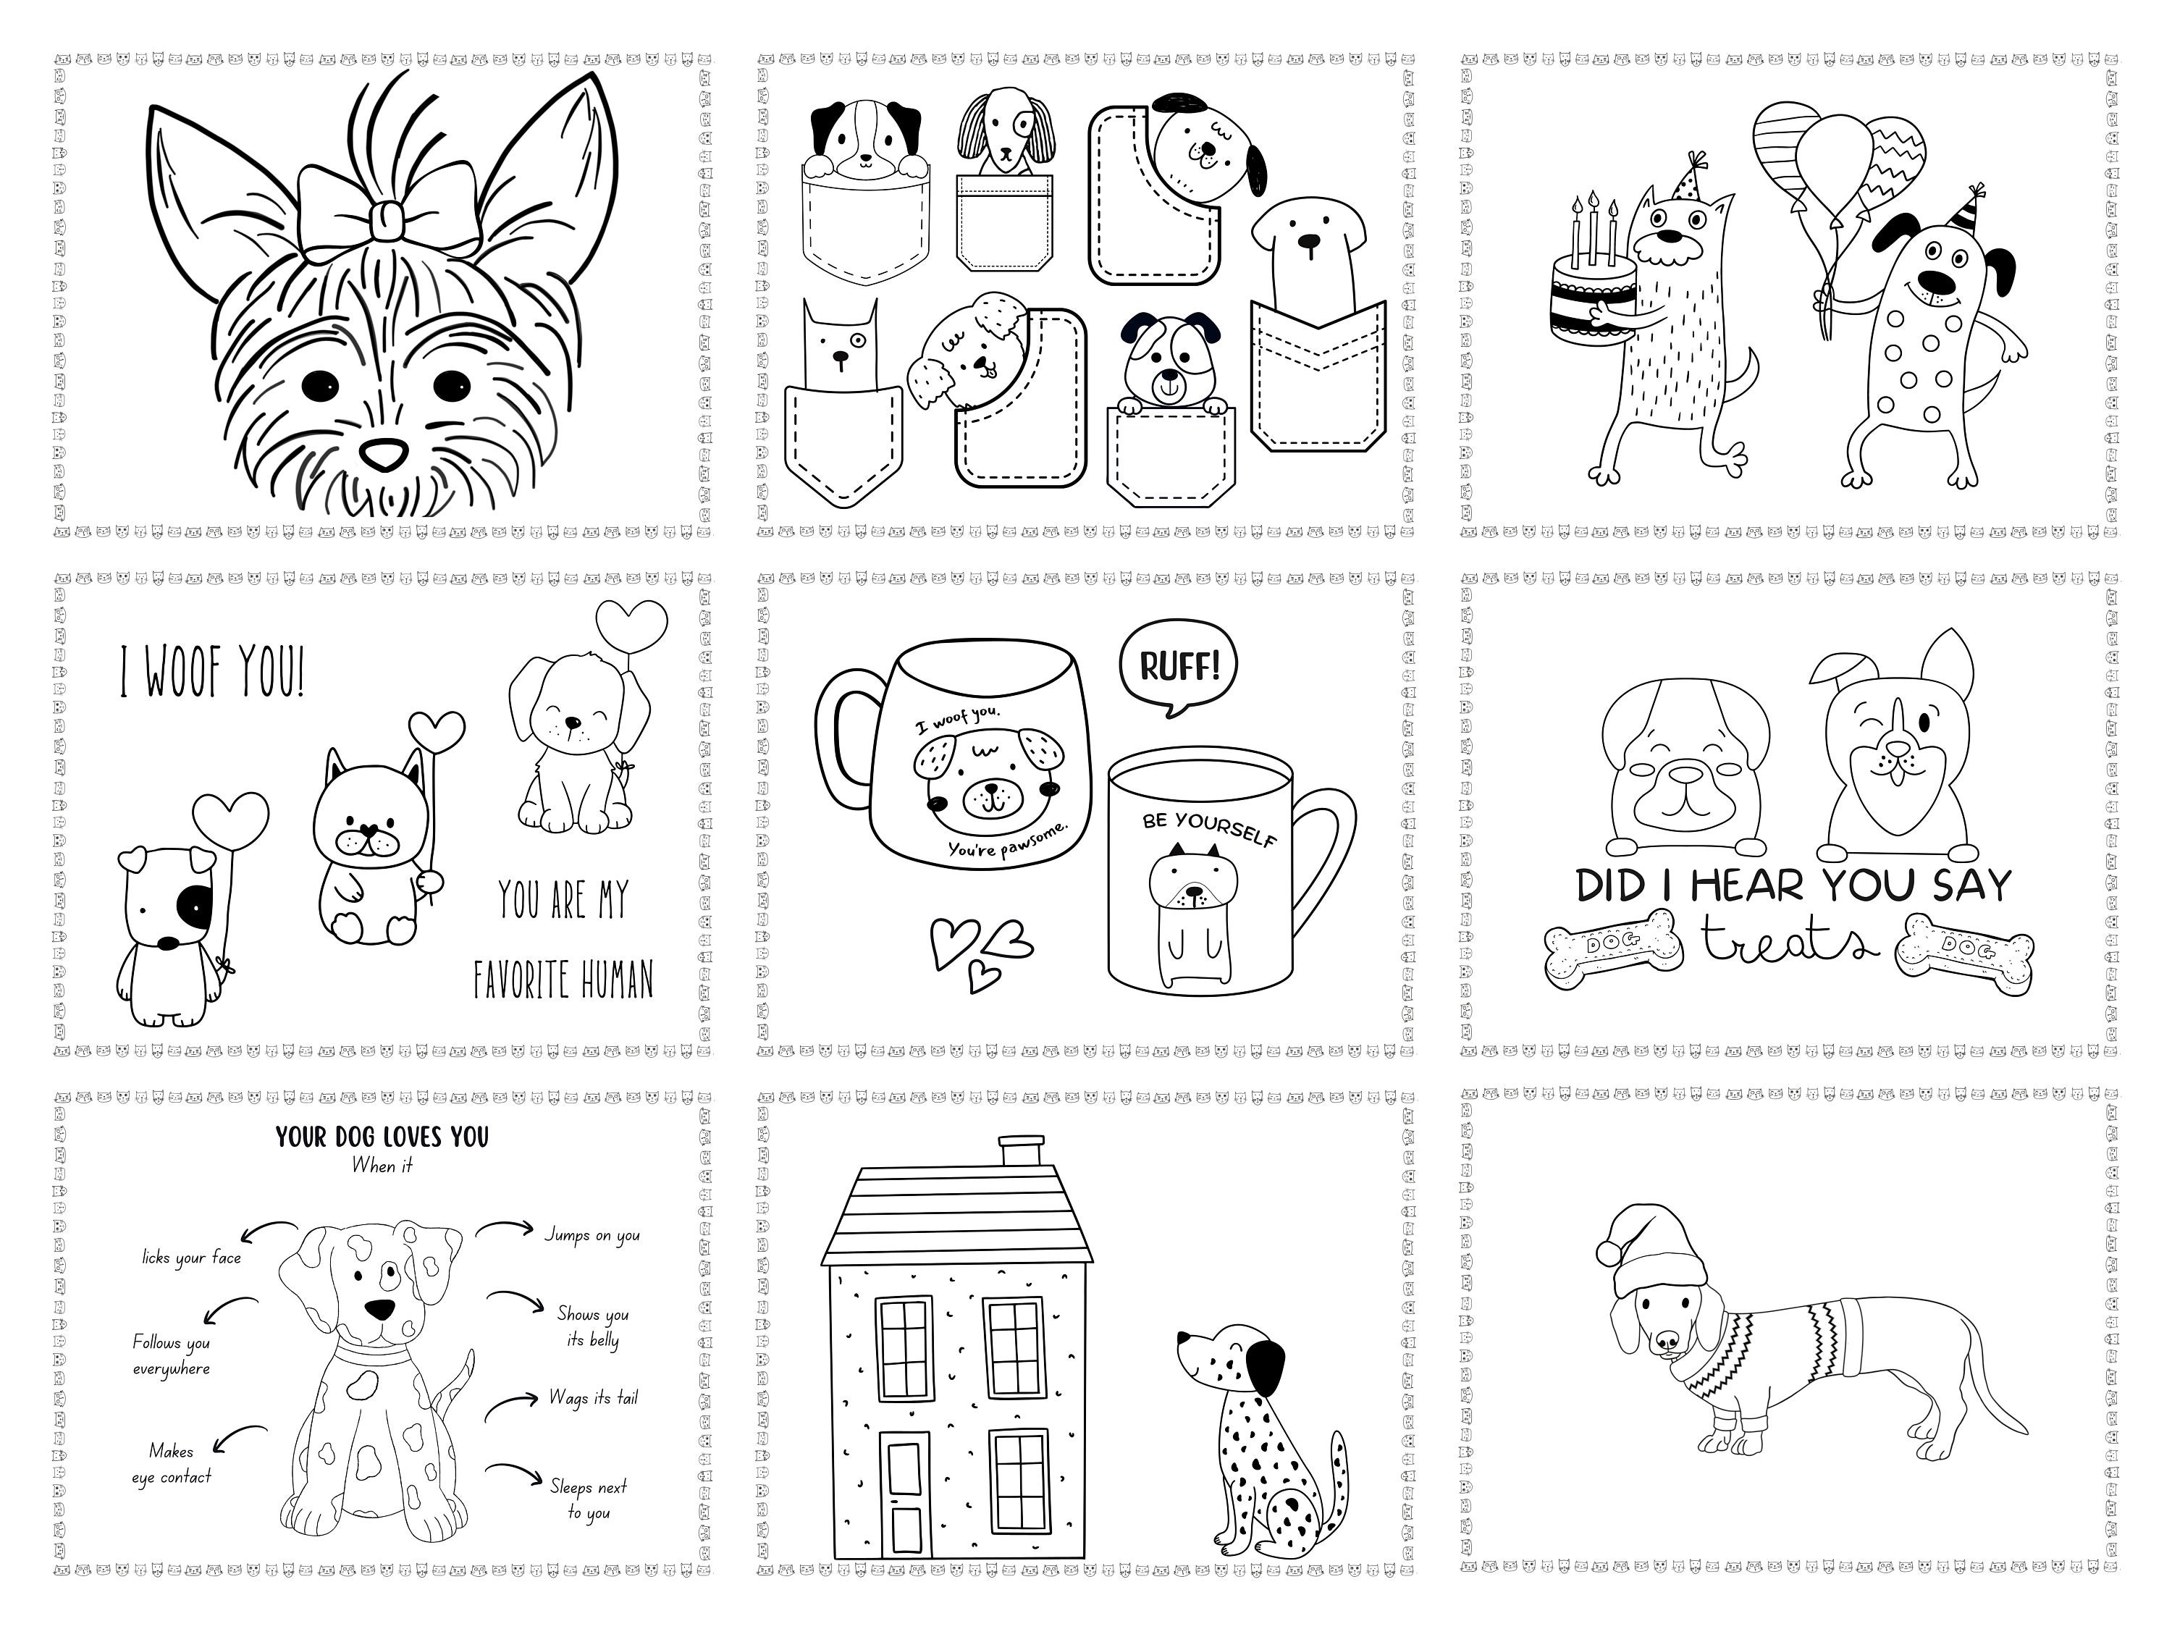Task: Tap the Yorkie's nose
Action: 383,454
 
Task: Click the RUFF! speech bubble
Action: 1178,667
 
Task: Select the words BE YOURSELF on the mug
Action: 1210,828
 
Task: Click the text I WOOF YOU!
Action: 212,672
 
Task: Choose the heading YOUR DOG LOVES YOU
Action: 382,1137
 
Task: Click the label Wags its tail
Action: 593,1397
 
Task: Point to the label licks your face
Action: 191,1258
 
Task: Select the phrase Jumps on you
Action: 592,1235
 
